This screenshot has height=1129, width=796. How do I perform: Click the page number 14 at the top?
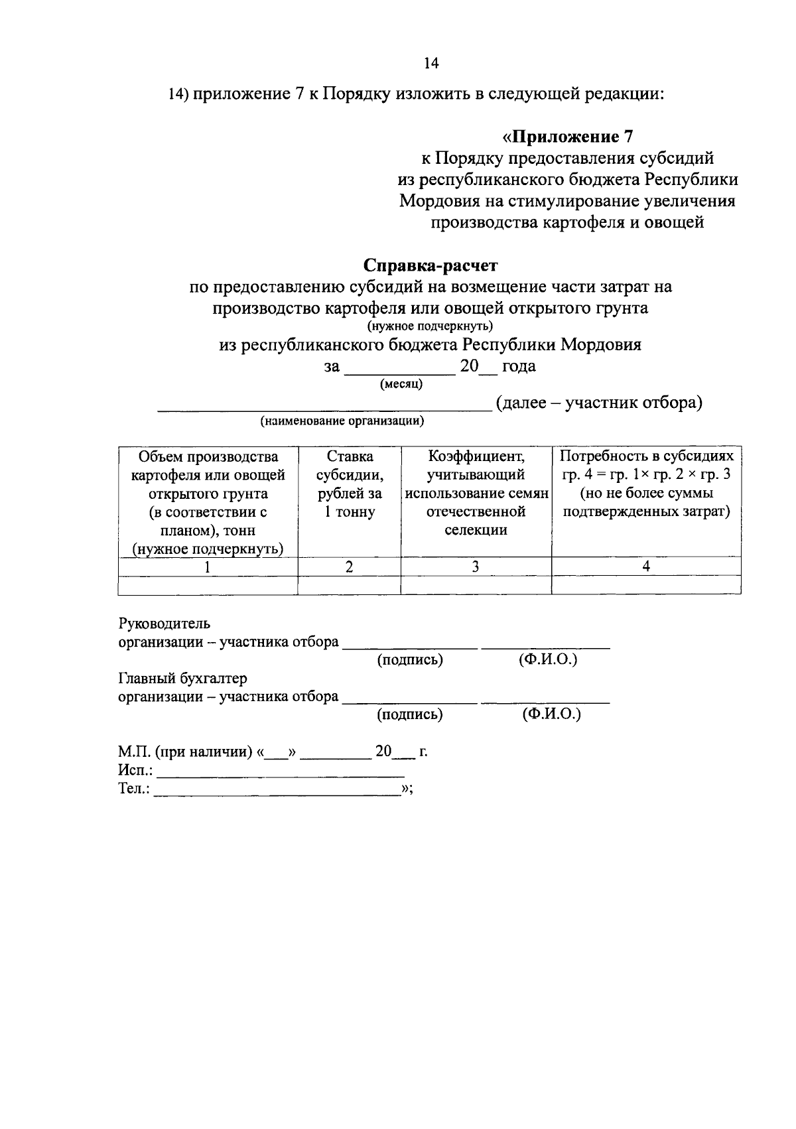tap(431, 64)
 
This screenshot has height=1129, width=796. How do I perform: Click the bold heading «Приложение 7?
tap(568, 137)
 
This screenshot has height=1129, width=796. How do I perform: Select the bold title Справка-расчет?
tap(431, 265)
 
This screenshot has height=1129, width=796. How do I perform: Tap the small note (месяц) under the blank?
tap(401, 383)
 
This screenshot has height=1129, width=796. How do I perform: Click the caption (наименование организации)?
tap(342, 421)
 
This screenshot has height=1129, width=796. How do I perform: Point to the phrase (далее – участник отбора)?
tap(598, 403)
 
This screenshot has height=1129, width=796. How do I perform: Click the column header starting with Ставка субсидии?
tap(350, 484)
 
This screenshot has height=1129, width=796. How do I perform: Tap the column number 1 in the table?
tap(208, 566)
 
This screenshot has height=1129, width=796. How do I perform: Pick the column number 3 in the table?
tap(476, 566)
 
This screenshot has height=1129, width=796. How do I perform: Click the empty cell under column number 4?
tap(646, 584)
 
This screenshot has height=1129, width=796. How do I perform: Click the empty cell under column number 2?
tap(350, 584)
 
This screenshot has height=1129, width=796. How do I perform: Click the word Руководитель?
tap(165, 624)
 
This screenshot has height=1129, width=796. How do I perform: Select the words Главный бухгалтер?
tap(182, 679)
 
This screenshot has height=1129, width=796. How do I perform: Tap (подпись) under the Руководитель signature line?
tap(410, 660)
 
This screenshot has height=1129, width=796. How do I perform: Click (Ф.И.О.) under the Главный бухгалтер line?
tap(551, 714)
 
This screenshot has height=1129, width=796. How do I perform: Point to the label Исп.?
tap(135, 771)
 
